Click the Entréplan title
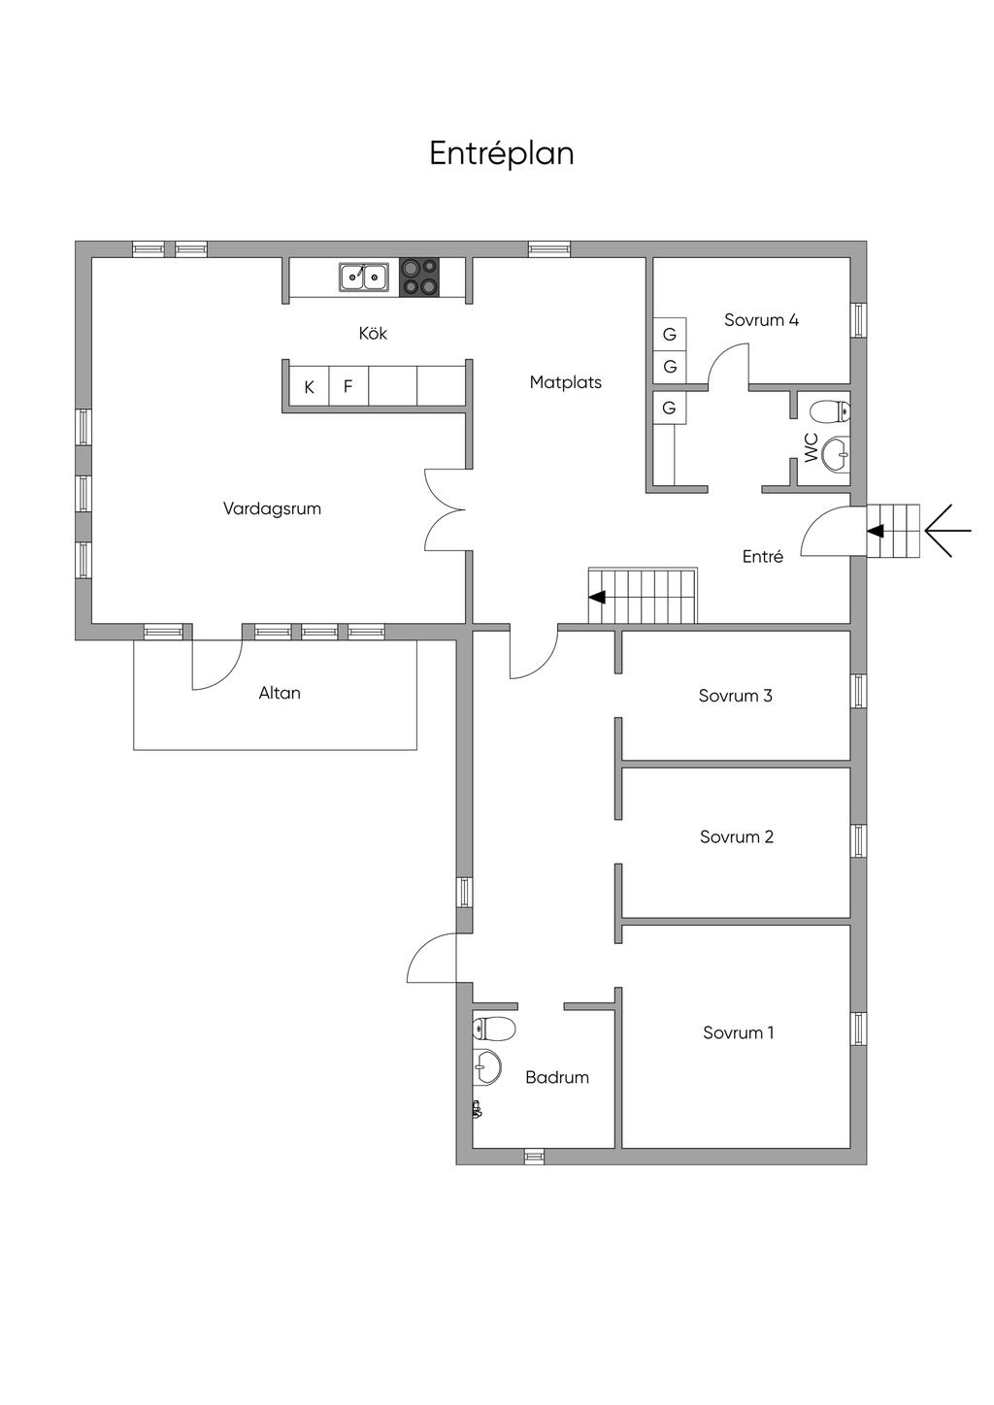[502, 153]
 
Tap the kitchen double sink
[363, 277]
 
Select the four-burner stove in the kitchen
[419, 277]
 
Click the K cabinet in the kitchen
[309, 386]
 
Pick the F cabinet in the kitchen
[348, 386]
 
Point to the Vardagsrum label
[272, 508]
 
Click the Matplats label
[565, 382]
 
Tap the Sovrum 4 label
[761, 320]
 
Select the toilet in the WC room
[830, 412]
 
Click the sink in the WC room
[835, 453]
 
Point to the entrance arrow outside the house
[947, 531]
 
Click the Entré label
[762, 556]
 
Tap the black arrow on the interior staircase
[597, 597]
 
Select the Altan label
[280, 693]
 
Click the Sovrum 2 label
[737, 836]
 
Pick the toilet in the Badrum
[494, 1028]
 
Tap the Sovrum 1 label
[738, 1032]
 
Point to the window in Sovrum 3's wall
[858, 691]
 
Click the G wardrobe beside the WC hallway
[669, 408]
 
